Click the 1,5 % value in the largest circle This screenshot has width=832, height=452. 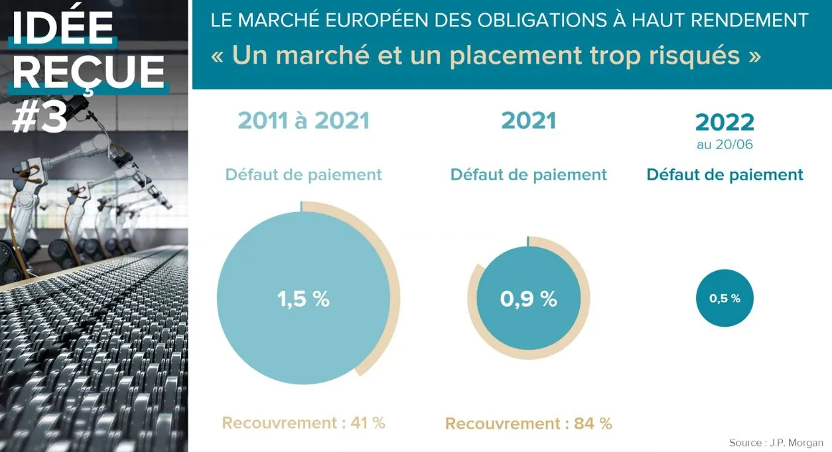pyautogui.click(x=303, y=299)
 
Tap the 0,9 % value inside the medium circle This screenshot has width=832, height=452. pyautogui.click(x=528, y=299)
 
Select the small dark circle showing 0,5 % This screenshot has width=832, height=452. pyautogui.click(x=725, y=298)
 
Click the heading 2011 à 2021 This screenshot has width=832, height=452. pyautogui.click(x=303, y=121)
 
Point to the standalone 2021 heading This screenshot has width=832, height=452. pyautogui.click(x=528, y=121)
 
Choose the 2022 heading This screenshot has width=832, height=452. pyautogui.click(x=725, y=123)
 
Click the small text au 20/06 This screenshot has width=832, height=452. pyautogui.click(x=725, y=144)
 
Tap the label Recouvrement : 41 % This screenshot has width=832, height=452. pyautogui.click(x=303, y=423)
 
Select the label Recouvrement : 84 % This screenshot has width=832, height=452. pyautogui.click(x=528, y=424)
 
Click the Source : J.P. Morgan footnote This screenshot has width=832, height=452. pyautogui.click(x=776, y=443)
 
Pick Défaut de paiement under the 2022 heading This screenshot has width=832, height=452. pyautogui.click(x=725, y=175)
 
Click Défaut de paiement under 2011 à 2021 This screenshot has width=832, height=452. pyautogui.click(x=303, y=175)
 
